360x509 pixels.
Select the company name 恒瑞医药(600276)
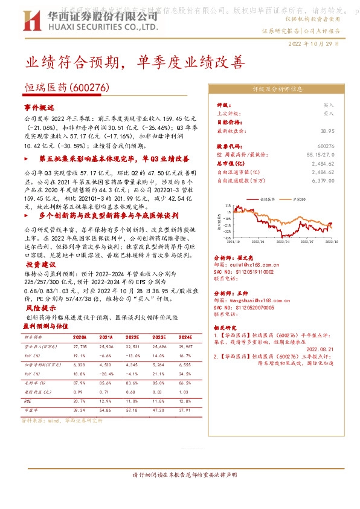coord(66,88)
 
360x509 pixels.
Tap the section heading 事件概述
coord(39,107)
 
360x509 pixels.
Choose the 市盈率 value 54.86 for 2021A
coord(106,410)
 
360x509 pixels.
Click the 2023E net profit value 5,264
coord(158,365)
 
